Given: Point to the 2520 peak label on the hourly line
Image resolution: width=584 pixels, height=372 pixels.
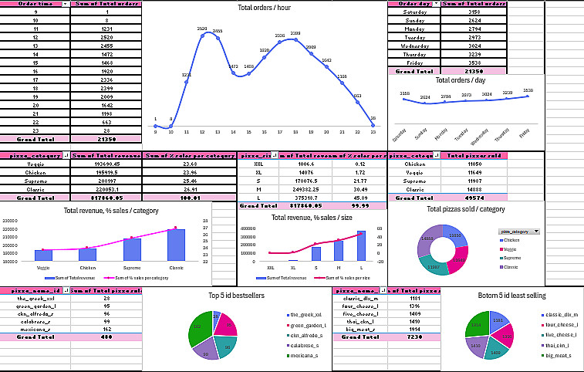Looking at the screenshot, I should [x=202, y=29].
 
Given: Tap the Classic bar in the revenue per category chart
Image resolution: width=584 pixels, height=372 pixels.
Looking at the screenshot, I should [x=177, y=245].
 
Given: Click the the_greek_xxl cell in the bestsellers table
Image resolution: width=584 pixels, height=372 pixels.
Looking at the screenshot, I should [x=35, y=298].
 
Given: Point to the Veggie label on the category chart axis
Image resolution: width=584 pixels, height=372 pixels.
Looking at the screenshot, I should [x=44, y=268].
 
